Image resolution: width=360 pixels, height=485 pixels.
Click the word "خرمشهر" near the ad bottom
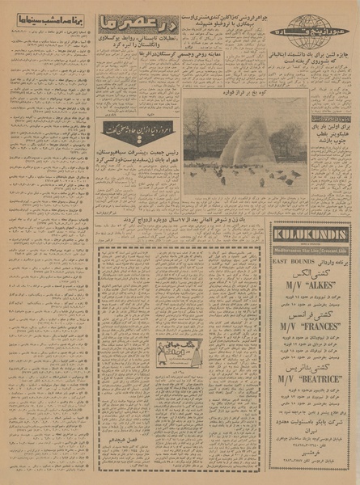(x=311, y=453)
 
